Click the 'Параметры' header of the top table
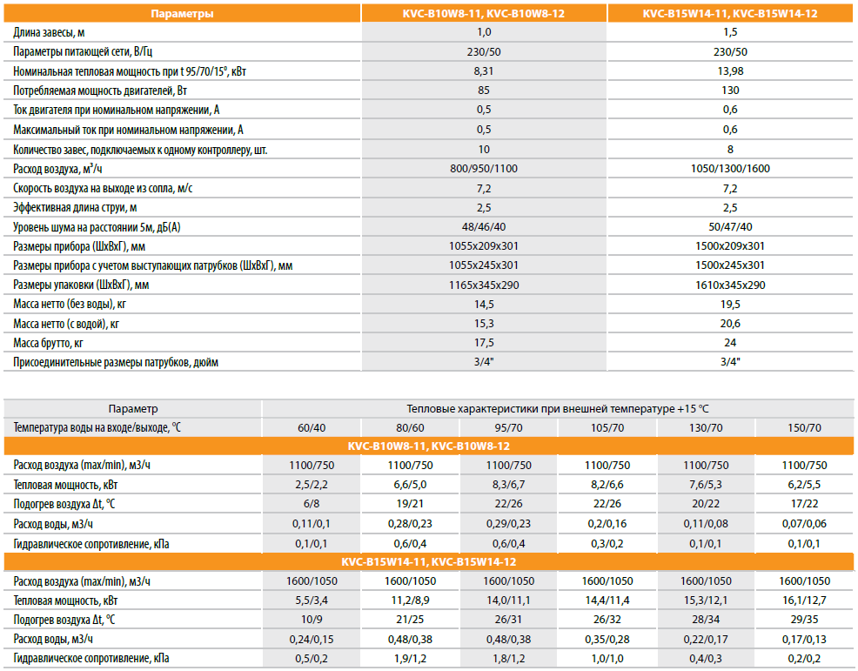[182, 14]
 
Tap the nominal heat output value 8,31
[484, 71]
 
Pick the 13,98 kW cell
[730, 71]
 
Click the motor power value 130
[730, 91]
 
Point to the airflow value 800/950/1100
[484, 169]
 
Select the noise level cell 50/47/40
[730, 227]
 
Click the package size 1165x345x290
[484, 285]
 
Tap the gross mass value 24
[730, 343]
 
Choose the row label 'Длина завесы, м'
[50, 33]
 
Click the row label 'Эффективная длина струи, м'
[77, 208]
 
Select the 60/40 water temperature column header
[311, 427]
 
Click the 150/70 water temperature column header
[804, 427]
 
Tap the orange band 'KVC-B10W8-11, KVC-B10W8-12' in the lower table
[428, 446]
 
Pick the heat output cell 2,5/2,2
[311, 485]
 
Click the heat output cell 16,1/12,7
[804, 601]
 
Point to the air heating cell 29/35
[804, 620]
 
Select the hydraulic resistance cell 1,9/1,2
[410, 658]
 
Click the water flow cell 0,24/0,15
[311, 639]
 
